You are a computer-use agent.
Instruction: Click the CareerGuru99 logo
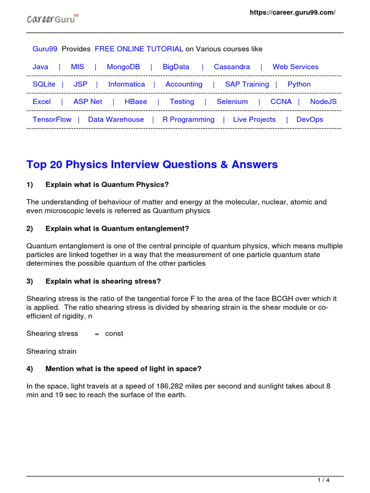point(52,19)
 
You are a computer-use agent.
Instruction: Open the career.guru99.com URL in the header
point(292,13)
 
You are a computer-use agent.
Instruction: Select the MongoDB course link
point(123,67)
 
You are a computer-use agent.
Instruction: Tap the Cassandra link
point(232,67)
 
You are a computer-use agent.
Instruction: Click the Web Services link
point(295,67)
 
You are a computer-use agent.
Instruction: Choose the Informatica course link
point(126,84)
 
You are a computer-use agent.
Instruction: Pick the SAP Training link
point(247,84)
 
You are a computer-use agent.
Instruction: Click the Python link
point(299,84)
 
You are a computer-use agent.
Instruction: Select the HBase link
point(136,102)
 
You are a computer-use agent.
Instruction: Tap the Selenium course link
point(232,102)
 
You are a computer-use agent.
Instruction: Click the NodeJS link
point(323,102)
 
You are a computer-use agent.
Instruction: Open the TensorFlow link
point(52,119)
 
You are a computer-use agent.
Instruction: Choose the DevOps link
point(310,119)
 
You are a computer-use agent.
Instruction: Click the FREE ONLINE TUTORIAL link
point(139,49)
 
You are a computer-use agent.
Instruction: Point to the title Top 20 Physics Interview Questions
point(152,165)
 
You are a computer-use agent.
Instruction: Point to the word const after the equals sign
point(114,334)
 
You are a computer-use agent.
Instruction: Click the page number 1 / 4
point(324,480)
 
